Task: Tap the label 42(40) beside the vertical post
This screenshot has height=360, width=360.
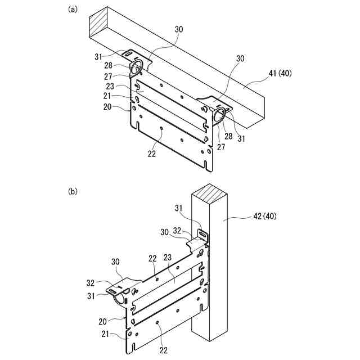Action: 265,215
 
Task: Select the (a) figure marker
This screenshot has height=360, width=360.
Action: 72,10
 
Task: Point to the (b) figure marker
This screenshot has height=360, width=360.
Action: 72,191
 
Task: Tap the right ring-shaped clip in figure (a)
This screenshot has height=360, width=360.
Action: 219,115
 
